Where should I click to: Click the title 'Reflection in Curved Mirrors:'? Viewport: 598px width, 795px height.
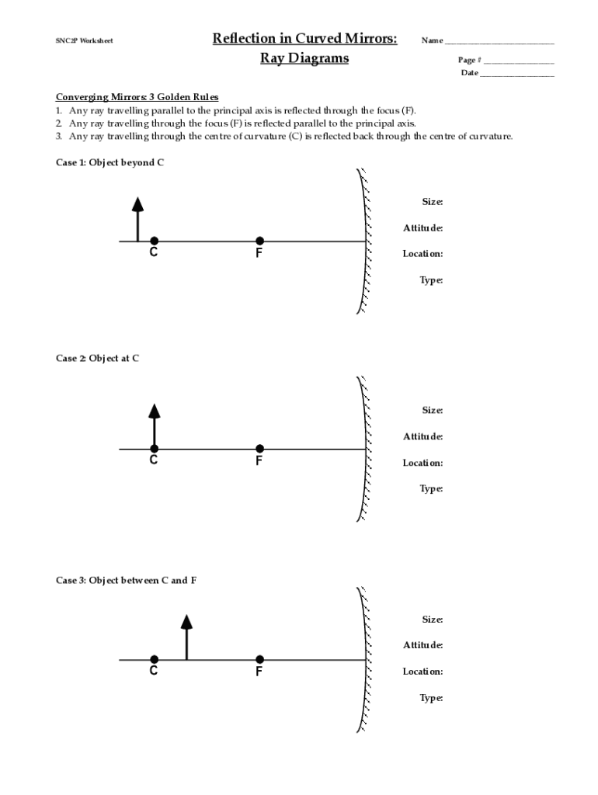[x=304, y=39]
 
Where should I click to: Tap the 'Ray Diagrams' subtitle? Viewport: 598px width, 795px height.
[x=304, y=58]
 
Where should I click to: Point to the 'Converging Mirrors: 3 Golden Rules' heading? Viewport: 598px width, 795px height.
[x=137, y=97]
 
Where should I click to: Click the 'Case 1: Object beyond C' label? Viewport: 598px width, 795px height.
[x=110, y=162]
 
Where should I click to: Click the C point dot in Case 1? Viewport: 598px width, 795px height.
[x=155, y=241]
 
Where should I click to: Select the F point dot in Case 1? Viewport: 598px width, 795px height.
[x=259, y=241]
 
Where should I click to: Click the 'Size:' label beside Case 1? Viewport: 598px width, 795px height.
[x=433, y=202]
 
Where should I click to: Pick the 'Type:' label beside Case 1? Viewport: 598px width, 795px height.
[x=432, y=280]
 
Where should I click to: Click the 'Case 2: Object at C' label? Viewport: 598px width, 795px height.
[x=97, y=358]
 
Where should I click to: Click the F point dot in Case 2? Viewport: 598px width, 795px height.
[x=259, y=448]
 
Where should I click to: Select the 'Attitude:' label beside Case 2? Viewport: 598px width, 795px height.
[x=423, y=436]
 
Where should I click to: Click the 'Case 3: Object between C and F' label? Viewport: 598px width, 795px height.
[x=126, y=580]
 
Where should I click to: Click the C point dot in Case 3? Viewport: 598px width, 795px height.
[x=155, y=659]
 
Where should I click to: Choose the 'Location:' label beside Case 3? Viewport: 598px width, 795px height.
[x=423, y=672]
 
